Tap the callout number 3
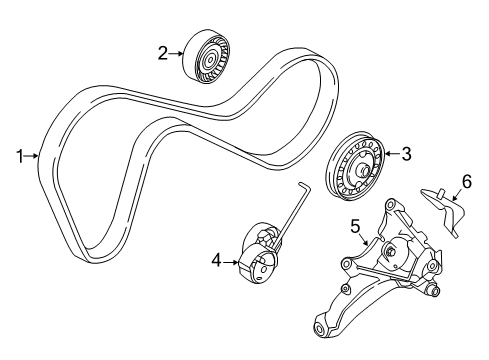(406, 154)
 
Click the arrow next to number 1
(35, 156)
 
